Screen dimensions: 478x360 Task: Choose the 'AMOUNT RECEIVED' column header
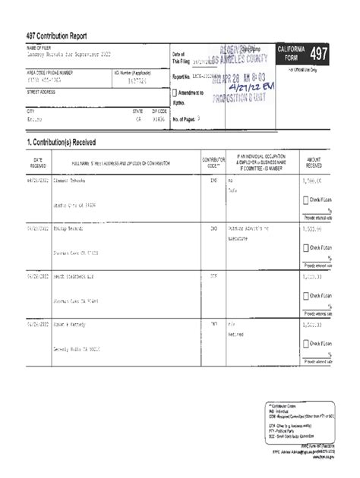click(x=314, y=163)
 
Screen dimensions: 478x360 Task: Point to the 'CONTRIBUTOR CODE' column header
click(x=213, y=163)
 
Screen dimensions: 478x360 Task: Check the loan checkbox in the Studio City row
click(x=306, y=200)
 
